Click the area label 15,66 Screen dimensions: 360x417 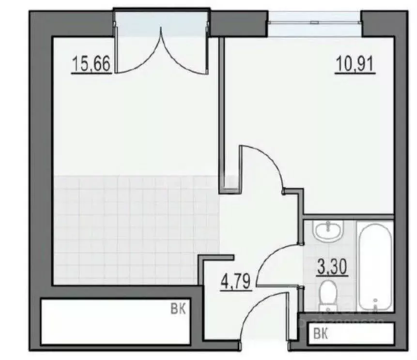pos(92,64)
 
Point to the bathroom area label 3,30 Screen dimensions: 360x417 pos(332,267)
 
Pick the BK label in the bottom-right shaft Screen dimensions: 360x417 pos(320,333)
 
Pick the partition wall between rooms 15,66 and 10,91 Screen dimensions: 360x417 pos(222,111)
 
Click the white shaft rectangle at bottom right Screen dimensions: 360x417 pos(351,333)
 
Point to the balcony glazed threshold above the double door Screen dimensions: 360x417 pos(162,23)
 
